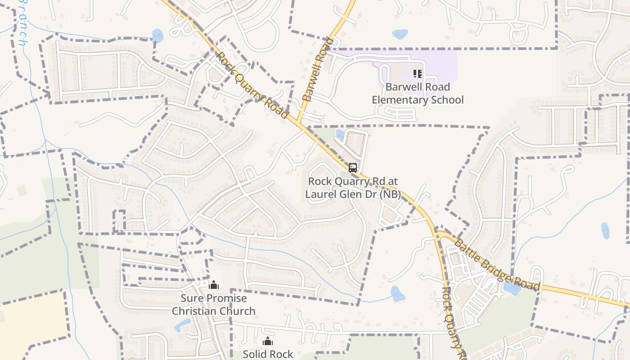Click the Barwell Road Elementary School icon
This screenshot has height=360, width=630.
[417, 73]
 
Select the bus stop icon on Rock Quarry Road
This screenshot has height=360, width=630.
[353, 168]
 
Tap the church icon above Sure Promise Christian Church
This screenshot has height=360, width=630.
[214, 285]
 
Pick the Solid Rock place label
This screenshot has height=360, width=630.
[268, 354]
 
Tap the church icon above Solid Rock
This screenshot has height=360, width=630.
[268, 342]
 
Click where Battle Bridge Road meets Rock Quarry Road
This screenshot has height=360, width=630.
[437, 234]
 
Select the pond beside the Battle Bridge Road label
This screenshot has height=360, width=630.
[511, 288]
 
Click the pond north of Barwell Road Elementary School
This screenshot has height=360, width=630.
[400, 34]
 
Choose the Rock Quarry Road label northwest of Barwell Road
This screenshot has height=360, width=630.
[252, 85]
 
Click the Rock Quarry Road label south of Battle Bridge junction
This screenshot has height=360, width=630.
[453, 322]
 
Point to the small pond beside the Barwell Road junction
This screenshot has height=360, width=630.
[340, 134]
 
